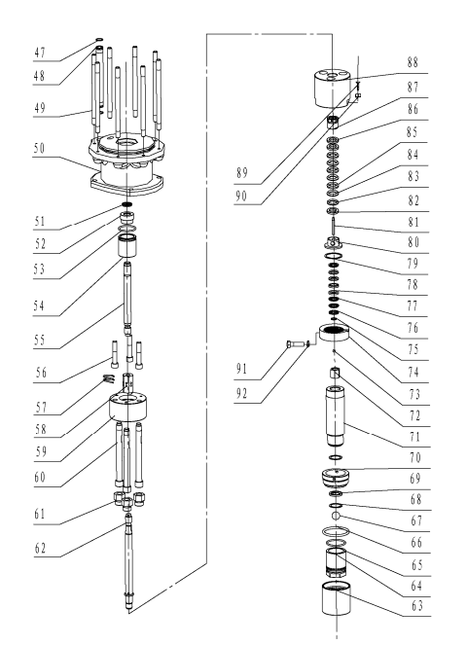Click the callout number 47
point(40,53)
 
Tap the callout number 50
point(39,148)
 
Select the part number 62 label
point(40,549)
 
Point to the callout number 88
point(413,62)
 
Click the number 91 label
point(241,369)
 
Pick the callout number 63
point(417,606)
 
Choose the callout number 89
point(242,173)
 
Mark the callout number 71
point(415,437)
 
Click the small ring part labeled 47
point(99,40)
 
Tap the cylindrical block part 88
point(332,89)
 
